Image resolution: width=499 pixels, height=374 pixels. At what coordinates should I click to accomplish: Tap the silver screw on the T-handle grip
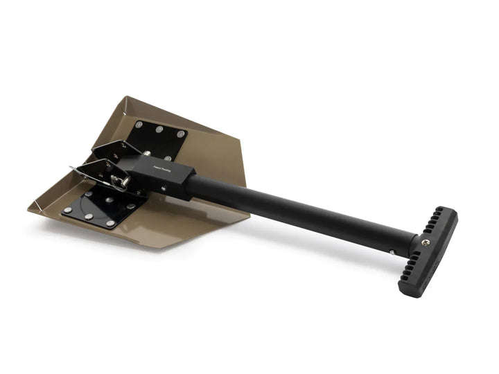(426, 242)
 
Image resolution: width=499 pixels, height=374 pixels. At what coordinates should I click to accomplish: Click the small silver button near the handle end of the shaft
(393, 251)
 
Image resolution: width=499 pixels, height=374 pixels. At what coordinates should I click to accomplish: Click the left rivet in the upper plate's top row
(139, 124)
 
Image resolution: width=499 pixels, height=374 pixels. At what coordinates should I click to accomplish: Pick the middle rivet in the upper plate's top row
(160, 129)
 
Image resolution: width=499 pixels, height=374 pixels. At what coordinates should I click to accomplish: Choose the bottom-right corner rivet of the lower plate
(110, 224)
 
